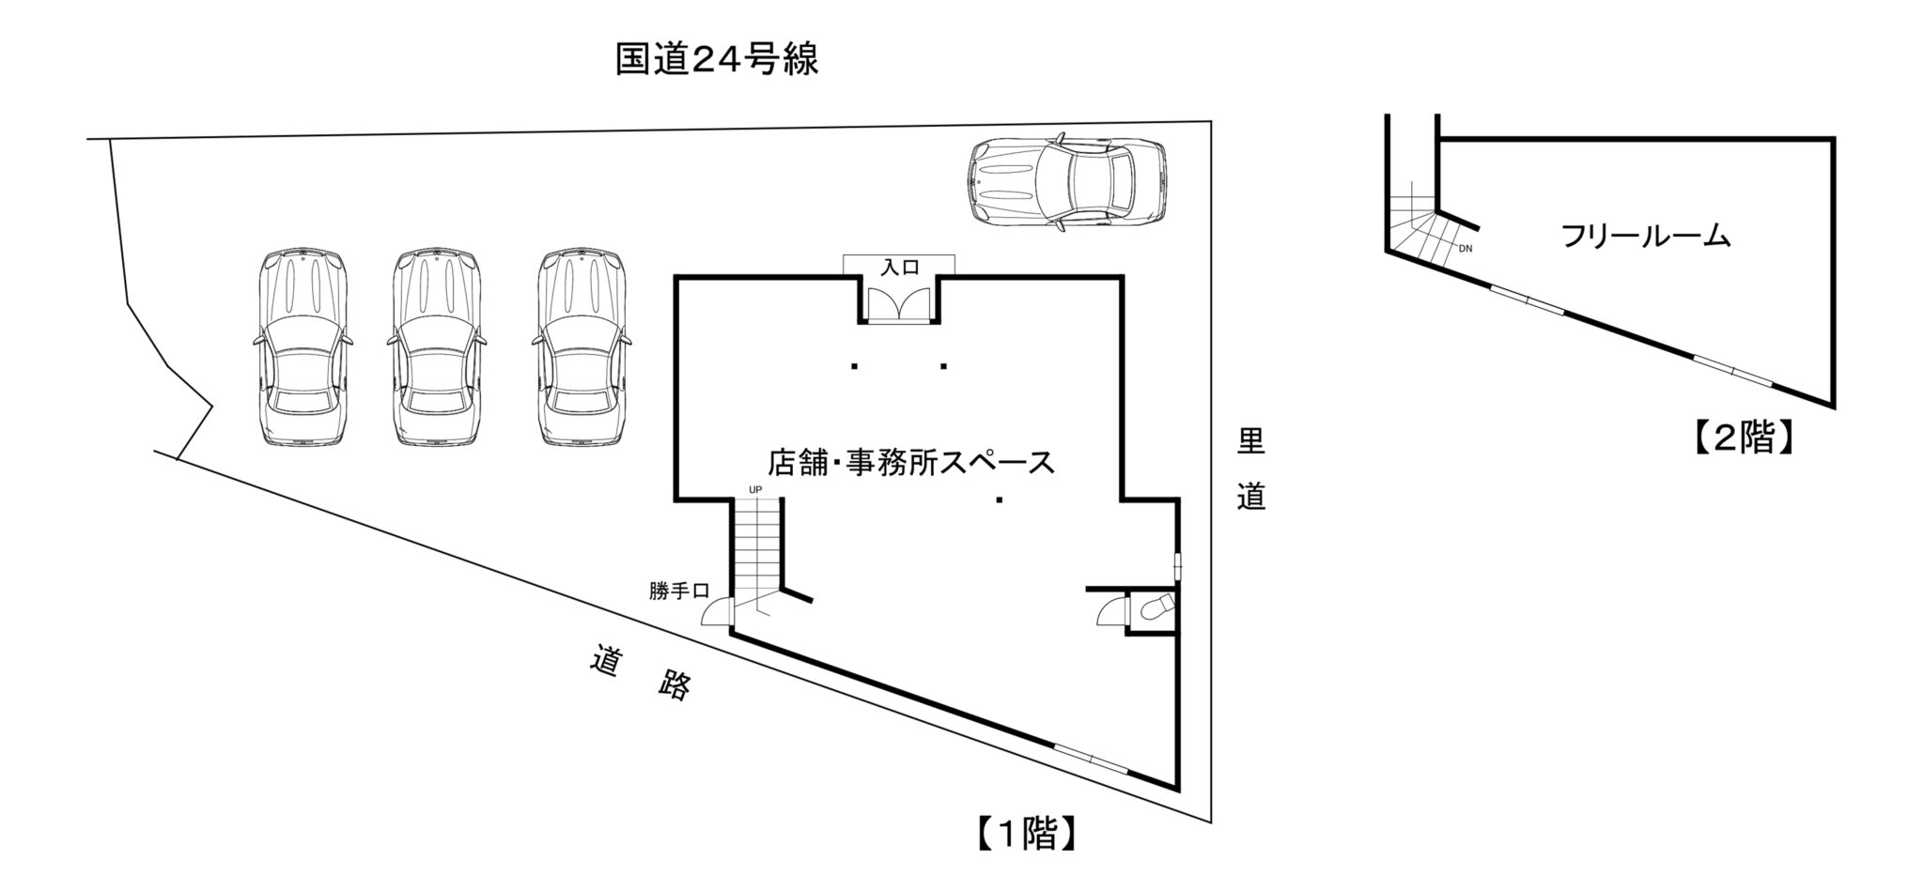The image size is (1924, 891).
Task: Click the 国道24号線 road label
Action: click(x=716, y=59)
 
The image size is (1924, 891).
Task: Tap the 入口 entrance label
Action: click(x=899, y=267)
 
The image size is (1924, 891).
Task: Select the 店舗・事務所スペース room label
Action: click(x=911, y=462)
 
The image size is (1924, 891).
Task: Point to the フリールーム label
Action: click(x=1645, y=236)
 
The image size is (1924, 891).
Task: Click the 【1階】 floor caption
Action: click(x=1025, y=833)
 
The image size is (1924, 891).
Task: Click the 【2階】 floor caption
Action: click(x=1744, y=438)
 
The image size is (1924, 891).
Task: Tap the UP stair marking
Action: click(x=755, y=489)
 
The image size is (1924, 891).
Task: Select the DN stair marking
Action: click(x=1466, y=249)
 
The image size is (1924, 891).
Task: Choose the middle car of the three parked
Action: click(x=437, y=346)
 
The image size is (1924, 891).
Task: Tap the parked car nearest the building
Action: click(x=582, y=346)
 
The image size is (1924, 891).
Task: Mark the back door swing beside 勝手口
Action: click(x=718, y=611)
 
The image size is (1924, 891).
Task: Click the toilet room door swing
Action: click(x=1110, y=608)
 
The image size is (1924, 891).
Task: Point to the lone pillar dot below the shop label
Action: click(x=1001, y=500)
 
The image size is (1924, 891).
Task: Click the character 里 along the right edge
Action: click(x=1250, y=441)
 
